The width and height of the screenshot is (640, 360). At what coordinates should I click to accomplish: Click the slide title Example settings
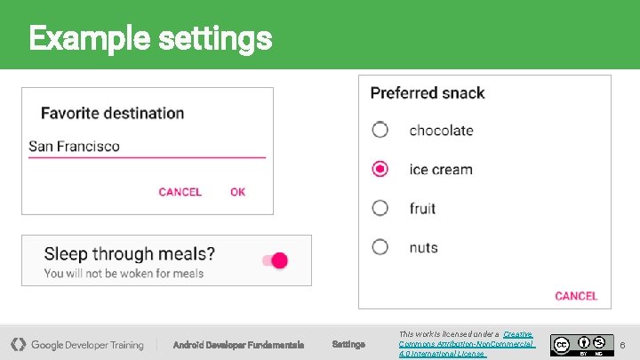coord(149,38)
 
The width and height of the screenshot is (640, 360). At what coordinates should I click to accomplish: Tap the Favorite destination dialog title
coord(112,113)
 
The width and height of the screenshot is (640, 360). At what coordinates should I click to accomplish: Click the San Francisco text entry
coord(75,147)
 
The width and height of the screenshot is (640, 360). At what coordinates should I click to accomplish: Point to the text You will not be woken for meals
coord(124,274)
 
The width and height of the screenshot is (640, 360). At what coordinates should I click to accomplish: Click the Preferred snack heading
coord(428,93)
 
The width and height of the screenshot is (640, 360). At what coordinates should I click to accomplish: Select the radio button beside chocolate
coord(380,130)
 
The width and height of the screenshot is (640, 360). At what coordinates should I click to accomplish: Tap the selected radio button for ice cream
coord(380,169)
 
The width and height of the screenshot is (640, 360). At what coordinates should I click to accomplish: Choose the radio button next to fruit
coord(380,208)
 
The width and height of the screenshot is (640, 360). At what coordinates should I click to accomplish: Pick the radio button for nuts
coord(380,247)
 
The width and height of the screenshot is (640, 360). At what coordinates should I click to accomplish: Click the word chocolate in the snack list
coord(441,131)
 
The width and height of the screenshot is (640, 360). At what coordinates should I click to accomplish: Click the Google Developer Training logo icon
coord(18,344)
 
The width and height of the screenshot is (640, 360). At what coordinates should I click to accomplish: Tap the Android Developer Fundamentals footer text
coord(238,345)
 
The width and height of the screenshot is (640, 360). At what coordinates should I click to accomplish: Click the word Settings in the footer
coord(348,345)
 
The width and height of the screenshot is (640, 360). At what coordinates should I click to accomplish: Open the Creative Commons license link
coord(467,344)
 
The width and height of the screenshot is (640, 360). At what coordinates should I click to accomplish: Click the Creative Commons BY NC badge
coord(582,344)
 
